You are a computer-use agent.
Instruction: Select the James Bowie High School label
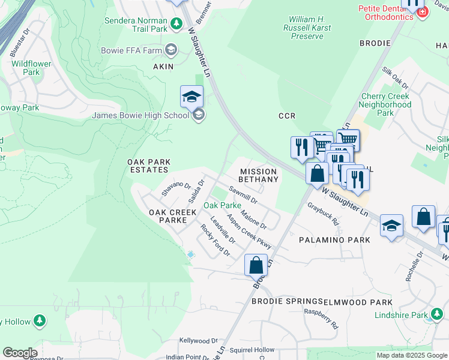pos(140,115)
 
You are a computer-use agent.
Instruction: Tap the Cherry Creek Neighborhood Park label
pos(385,104)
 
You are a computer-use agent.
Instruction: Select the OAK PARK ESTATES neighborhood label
pos(149,166)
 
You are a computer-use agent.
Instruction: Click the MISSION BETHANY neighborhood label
pos(259,175)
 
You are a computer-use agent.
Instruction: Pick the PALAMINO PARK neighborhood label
pos(334,239)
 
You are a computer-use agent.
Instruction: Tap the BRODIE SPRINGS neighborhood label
pos(287,301)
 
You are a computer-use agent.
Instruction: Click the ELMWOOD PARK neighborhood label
pos(358,302)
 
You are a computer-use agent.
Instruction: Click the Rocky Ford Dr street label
pos(215,240)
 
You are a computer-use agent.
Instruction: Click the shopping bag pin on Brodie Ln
pos(256,264)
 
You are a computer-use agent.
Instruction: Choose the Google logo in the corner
pos(20,353)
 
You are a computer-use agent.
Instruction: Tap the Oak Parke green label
pos(222,205)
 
